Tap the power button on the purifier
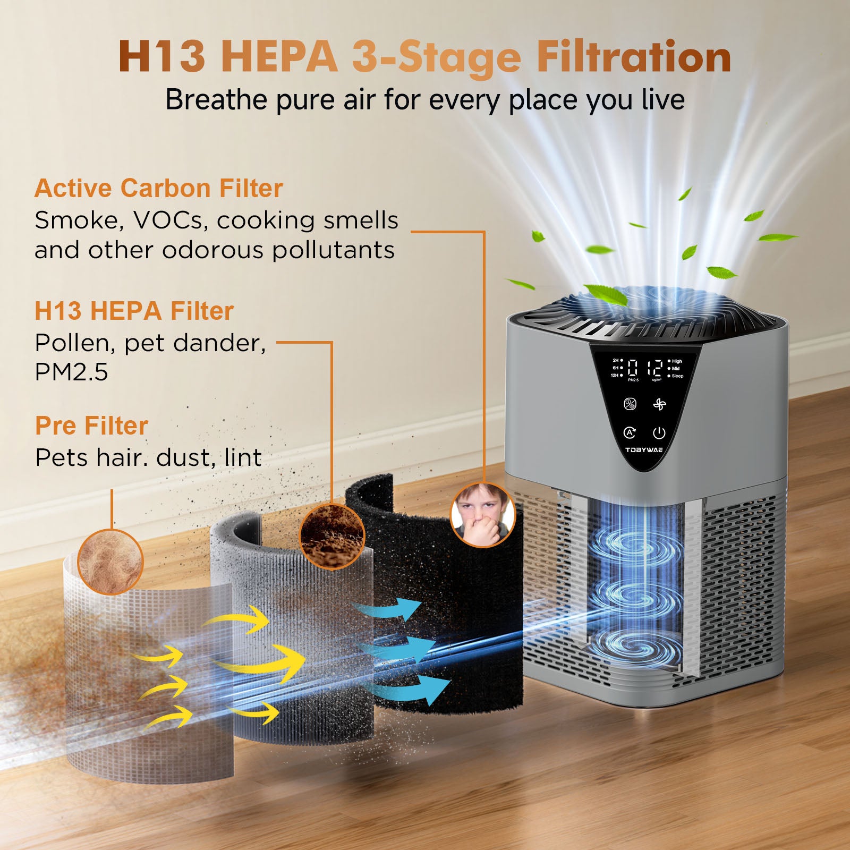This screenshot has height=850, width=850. click(659, 433)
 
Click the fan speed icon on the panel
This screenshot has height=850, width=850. click(659, 405)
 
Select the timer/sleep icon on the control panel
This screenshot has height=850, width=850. click(630, 404)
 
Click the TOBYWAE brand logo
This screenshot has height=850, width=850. click(644, 450)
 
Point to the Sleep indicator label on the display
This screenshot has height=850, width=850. click(677, 376)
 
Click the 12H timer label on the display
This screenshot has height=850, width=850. click(615, 375)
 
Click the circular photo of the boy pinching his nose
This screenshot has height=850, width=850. click(483, 515)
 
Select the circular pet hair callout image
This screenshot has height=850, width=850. click(110, 562)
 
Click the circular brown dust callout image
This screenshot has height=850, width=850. click(332, 537)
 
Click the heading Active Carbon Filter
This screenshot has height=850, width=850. click(158, 189)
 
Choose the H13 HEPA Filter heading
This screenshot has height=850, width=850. click(134, 311)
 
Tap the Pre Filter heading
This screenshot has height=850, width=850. click(91, 426)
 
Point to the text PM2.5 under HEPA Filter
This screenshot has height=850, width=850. click(71, 372)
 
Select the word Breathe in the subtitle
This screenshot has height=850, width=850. click(216, 99)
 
